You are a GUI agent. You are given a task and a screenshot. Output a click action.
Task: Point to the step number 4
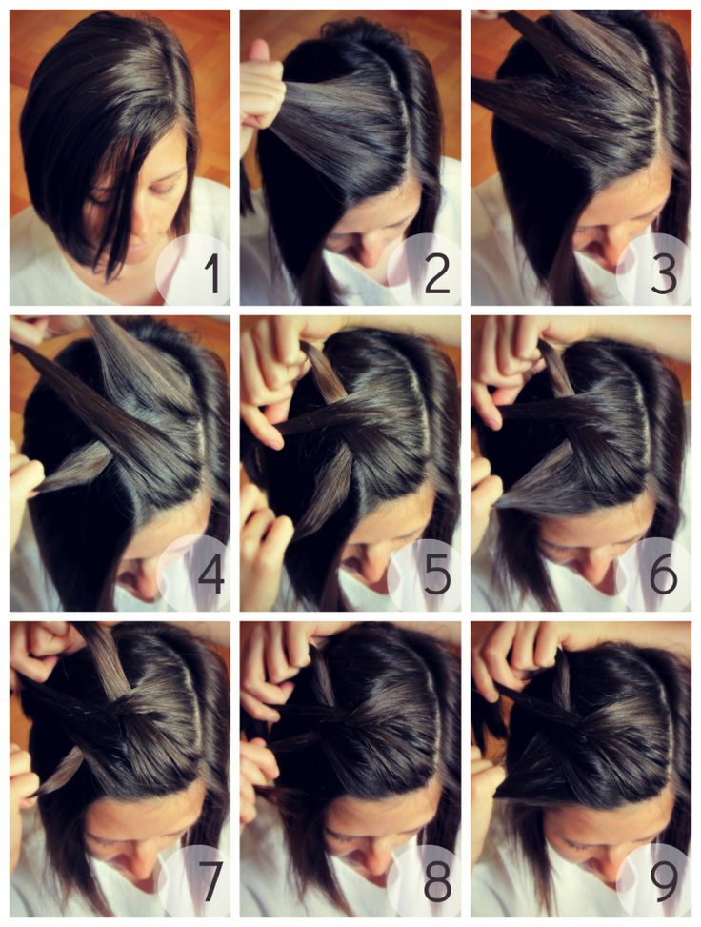[210, 574]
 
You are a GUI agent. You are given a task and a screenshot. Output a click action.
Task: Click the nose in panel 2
[367, 252]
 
